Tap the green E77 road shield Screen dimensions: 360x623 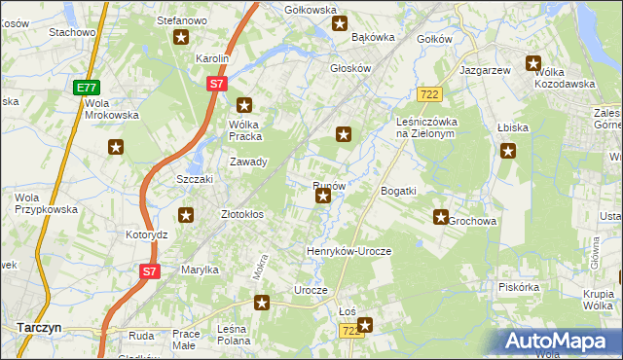point(87,88)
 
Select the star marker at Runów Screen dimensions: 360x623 point(323,198)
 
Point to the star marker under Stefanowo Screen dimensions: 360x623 point(181,38)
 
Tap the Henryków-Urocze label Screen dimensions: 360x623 point(348,251)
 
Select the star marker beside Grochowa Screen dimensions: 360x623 point(441,218)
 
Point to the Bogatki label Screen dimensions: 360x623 point(398,191)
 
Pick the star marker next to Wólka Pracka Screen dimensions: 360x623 point(244,105)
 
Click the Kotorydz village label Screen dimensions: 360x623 point(147,234)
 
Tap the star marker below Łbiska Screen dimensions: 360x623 point(507,150)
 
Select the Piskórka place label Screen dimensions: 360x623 point(518,287)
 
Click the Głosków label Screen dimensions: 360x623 point(351,68)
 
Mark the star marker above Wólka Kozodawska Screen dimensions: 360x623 point(533,64)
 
